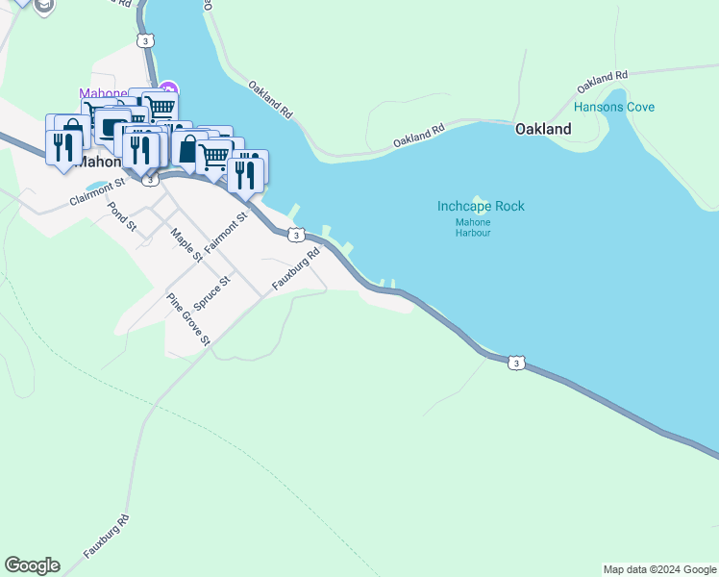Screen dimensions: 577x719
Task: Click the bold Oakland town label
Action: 542,129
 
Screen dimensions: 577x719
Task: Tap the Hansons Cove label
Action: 613,107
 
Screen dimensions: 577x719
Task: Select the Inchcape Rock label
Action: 481,207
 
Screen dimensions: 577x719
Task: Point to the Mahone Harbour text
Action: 473,227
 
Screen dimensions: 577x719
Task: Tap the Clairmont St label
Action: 97,192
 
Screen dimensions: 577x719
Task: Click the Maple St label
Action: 186,244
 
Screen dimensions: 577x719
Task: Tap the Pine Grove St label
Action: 188,318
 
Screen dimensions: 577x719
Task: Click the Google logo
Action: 32,565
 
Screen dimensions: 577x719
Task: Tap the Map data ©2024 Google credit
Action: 659,570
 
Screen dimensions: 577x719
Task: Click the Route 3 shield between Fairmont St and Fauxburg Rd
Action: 296,235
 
